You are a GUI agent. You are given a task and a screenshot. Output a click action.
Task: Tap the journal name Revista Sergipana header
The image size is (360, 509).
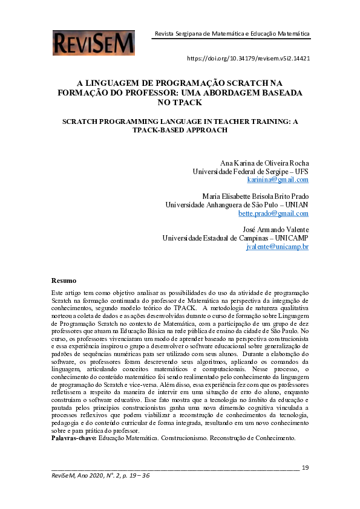point(232,34)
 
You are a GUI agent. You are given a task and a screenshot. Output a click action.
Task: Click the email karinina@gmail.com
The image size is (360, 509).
point(278,180)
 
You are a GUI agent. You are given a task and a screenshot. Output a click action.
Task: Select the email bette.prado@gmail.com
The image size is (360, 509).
point(273,213)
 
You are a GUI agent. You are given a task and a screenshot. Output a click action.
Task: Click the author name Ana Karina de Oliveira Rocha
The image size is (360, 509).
point(265,163)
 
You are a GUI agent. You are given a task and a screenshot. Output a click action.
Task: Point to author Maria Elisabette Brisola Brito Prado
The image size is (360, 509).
point(255,196)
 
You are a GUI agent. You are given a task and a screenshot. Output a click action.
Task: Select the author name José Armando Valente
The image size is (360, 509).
point(275,230)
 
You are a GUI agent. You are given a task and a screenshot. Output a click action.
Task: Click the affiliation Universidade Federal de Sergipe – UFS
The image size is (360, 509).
point(250,172)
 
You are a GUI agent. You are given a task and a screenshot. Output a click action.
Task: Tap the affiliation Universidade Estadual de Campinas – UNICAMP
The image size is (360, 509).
point(235,238)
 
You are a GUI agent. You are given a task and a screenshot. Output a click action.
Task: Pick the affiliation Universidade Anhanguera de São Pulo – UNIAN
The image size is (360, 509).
point(237,205)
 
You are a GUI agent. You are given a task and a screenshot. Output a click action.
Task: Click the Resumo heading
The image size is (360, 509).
point(64,280)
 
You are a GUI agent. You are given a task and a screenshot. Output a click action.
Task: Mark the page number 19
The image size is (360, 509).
point(305,467)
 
